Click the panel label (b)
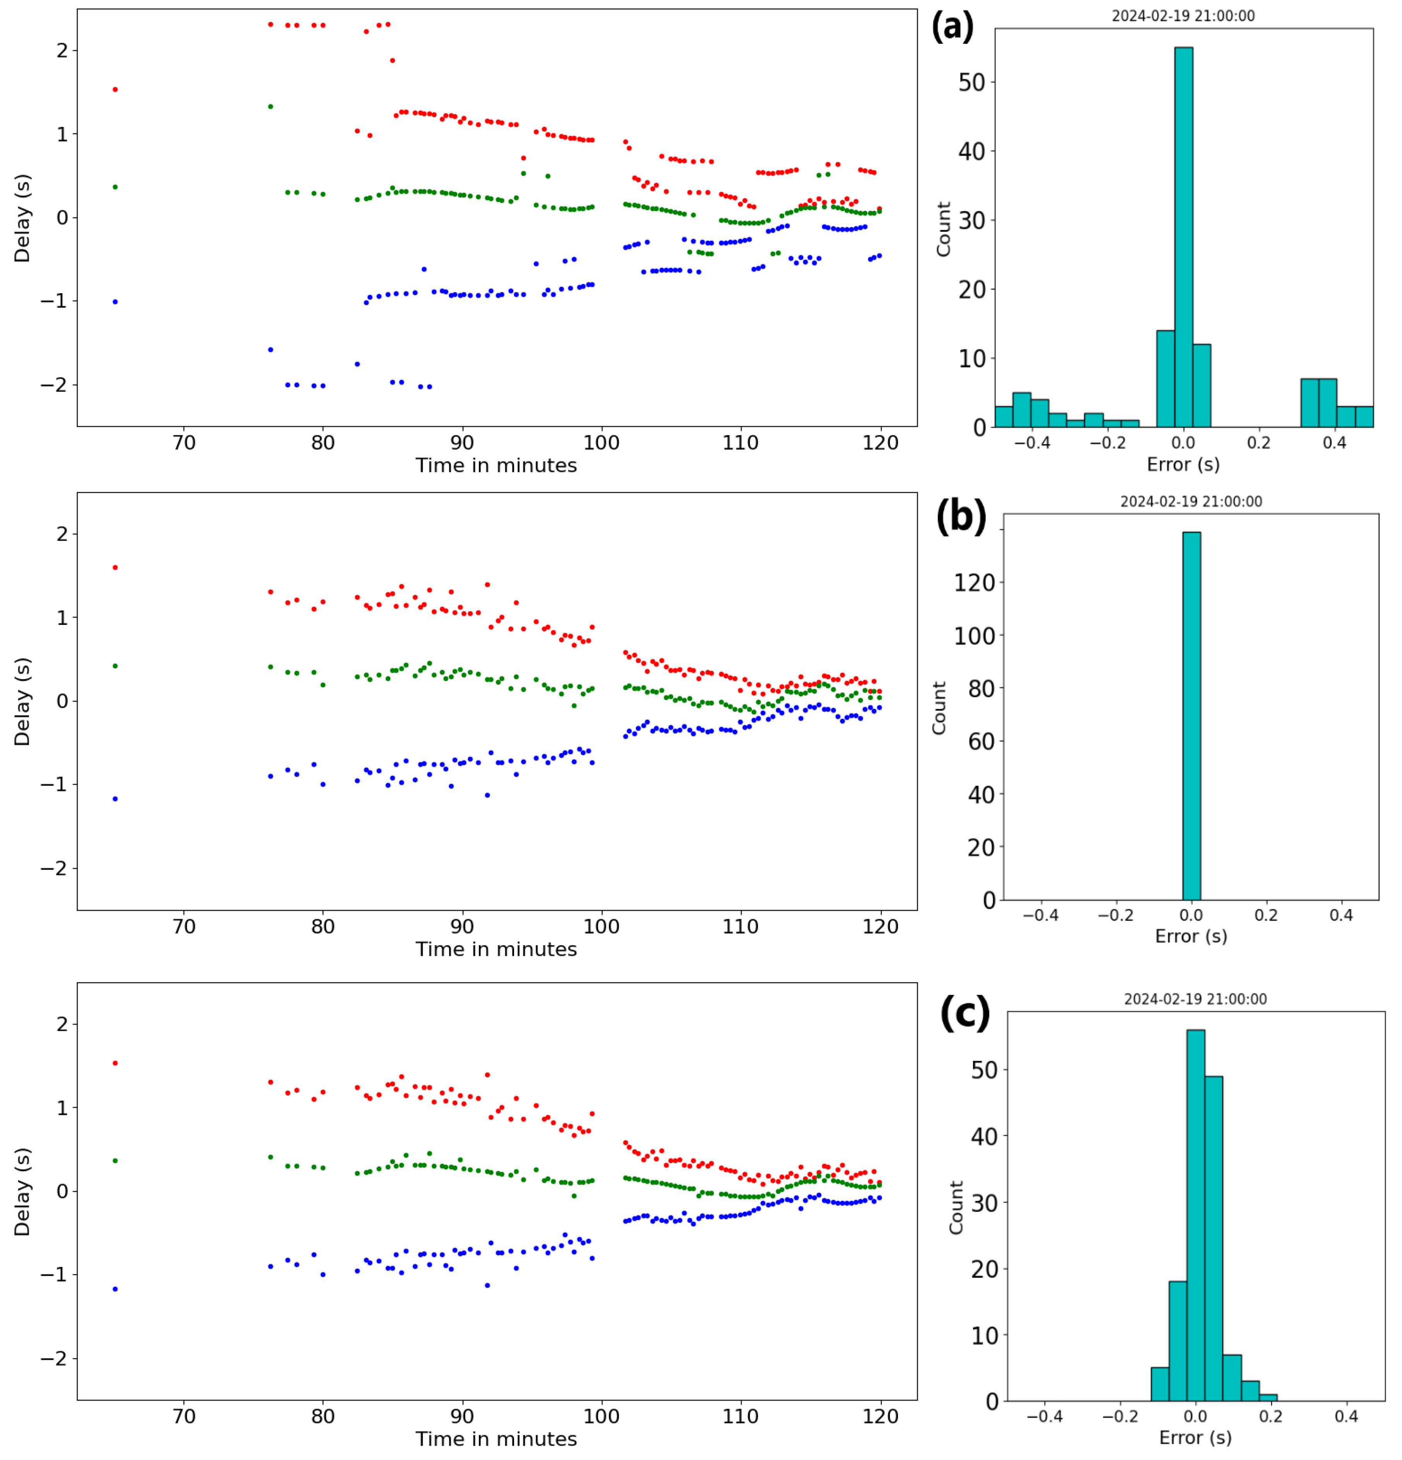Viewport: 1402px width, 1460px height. [960, 516]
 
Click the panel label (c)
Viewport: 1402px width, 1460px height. [965, 1013]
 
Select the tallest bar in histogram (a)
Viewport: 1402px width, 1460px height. [1183, 238]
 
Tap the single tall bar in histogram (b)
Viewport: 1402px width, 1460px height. [1191, 715]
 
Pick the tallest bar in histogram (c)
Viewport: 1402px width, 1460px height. [1195, 1214]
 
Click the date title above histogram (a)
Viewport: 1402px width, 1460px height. [1183, 15]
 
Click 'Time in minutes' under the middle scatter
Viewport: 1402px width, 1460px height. [496, 949]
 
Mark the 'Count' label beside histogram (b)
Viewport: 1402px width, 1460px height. [939, 708]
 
